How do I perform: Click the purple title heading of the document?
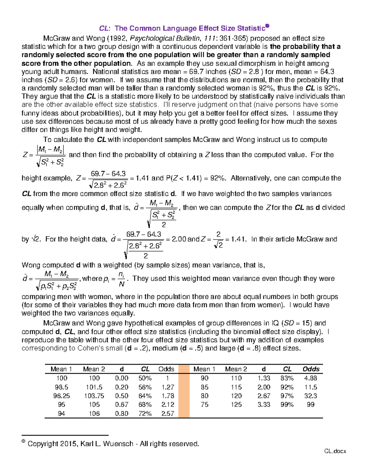click(x=184, y=28)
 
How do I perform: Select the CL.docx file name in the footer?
click(x=335, y=451)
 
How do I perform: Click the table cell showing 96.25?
click(x=61, y=396)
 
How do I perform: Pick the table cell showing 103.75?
click(x=94, y=396)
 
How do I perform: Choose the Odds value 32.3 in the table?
click(x=310, y=396)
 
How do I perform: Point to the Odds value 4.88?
click(x=310, y=378)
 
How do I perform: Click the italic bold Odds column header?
click(x=311, y=369)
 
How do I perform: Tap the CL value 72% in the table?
click(x=145, y=413)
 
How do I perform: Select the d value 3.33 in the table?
click(x=264, y=404)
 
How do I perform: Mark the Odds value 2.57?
click(x=168, y=413)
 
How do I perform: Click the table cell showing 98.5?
click(x=61, y=387)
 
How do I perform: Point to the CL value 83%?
click(x=287, y=378)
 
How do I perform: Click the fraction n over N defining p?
click(x=121, y=279)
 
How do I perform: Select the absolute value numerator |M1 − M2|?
click(x=50, y=150)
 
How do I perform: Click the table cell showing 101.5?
click(x=94, y=387)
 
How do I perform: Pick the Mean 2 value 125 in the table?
click(x=236, y=404)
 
